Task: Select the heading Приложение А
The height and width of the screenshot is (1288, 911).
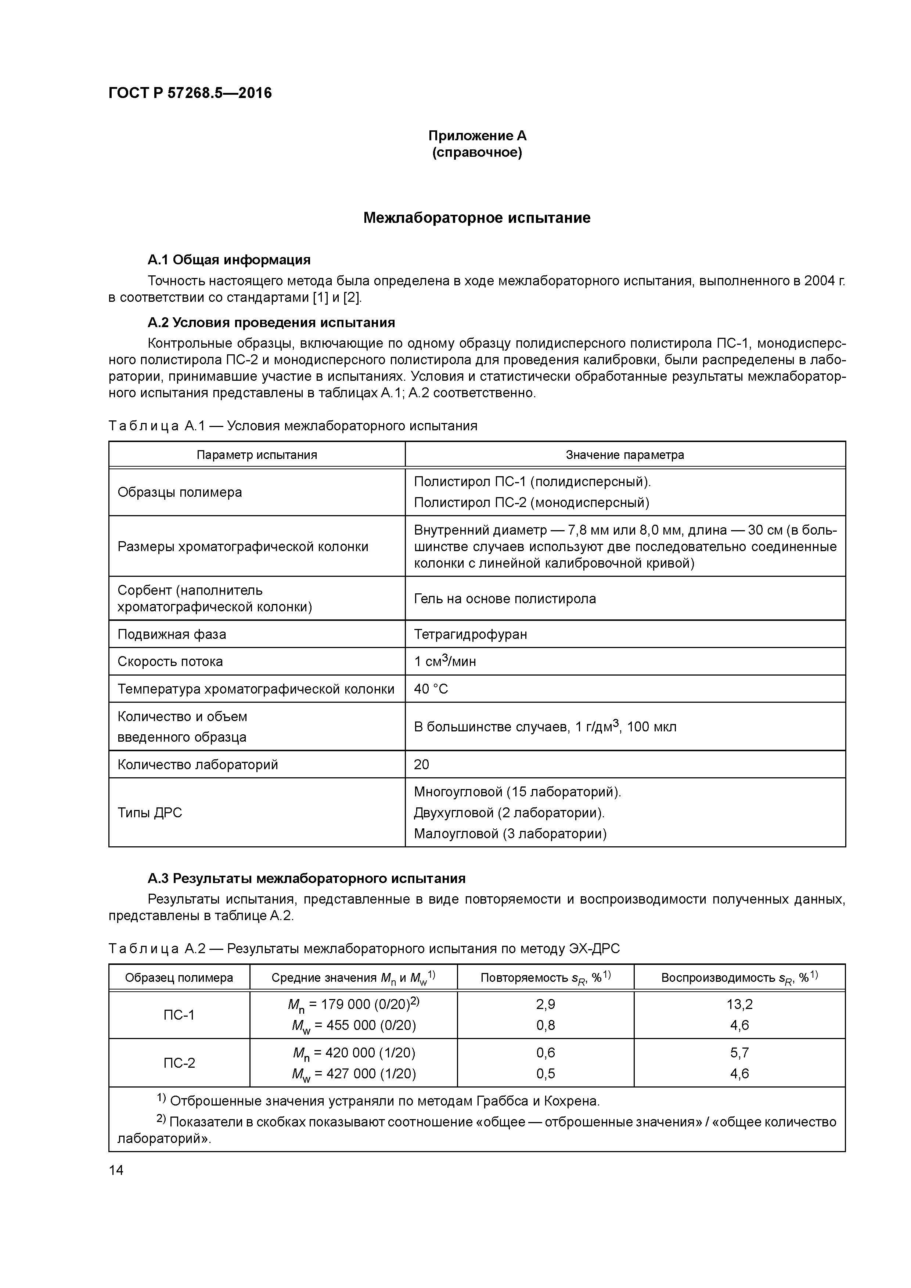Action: tap(477, 136)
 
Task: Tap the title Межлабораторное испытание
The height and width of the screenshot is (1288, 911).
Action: tap(476, 218)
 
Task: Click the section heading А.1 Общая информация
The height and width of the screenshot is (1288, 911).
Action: tap(229, 260)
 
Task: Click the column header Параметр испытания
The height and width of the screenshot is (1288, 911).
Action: tap(256, 455)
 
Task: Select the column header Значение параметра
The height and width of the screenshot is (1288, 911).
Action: tap(625, 455)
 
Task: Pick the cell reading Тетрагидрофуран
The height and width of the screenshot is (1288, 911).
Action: tap(470, 634)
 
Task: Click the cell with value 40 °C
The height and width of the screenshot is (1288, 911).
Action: tap(431, 689)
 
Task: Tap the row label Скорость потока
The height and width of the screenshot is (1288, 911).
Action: tap(170, 661)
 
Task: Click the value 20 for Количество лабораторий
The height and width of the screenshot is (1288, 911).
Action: tap(422, 764)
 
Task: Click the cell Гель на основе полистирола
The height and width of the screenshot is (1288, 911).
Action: tap(505, 598)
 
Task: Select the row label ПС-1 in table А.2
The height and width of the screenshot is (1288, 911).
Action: tap(179, 1015)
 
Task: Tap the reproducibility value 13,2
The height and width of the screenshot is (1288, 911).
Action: tap(739, 1004)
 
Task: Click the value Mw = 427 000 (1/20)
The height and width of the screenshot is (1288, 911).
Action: tap(354, 1074)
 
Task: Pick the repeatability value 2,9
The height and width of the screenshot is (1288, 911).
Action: tap(545, 1004)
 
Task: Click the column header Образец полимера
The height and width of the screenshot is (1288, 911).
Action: tap(179, 978)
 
